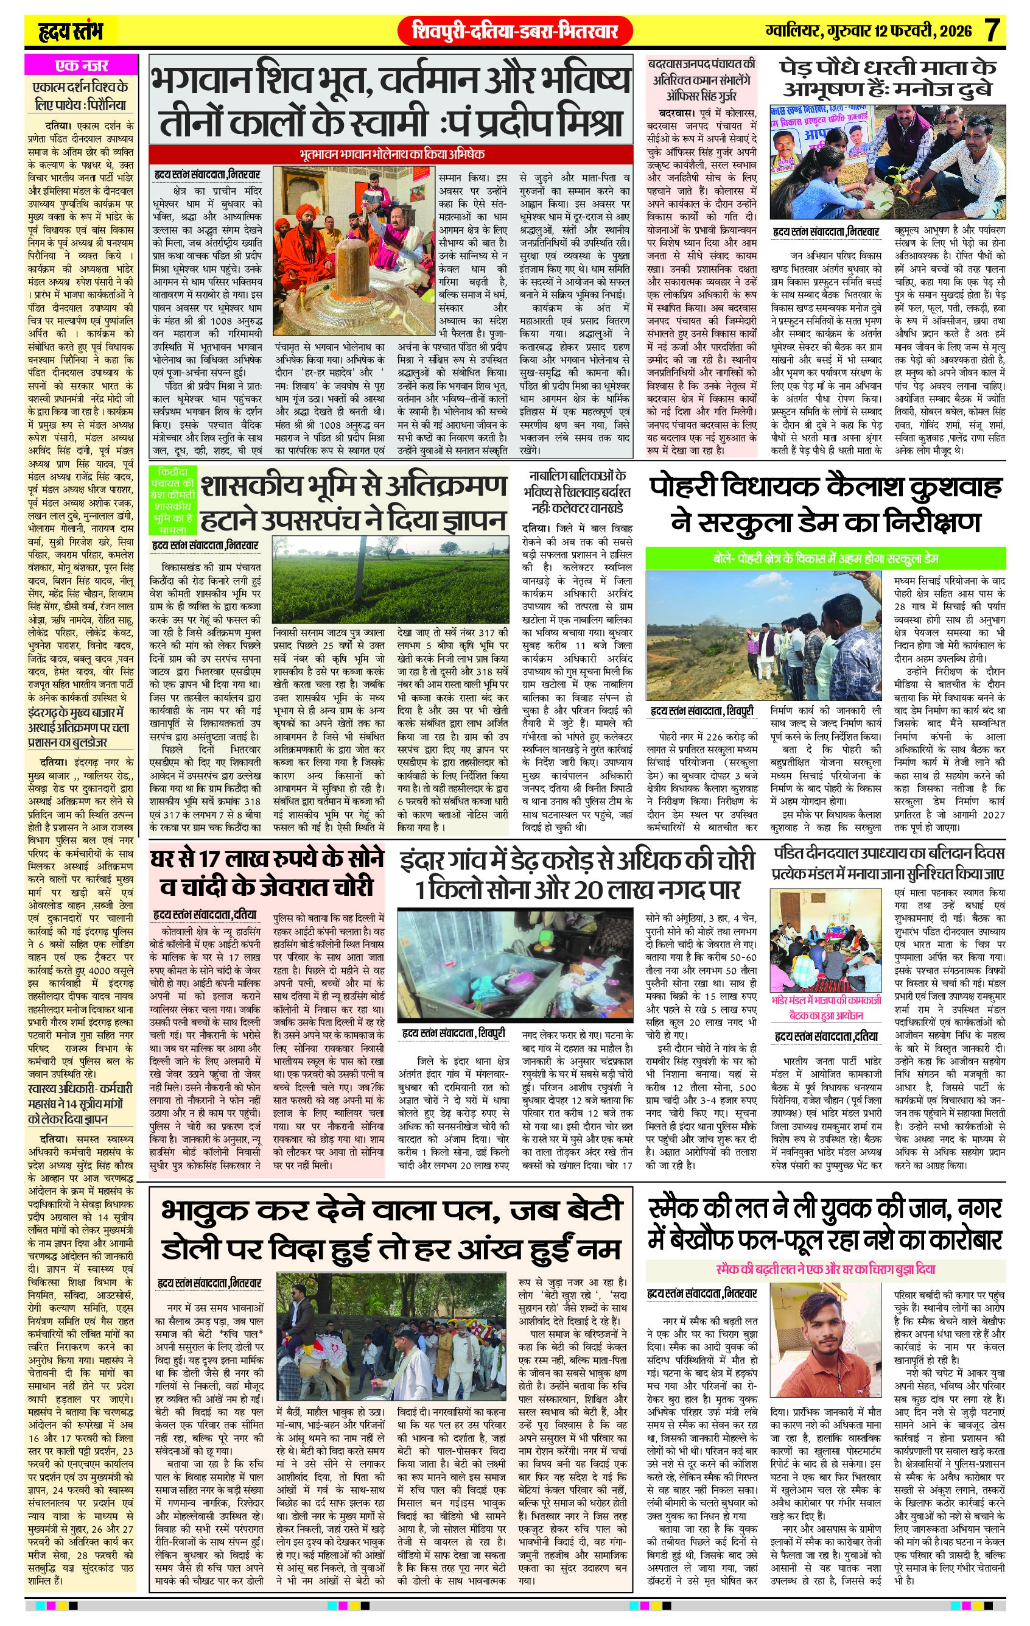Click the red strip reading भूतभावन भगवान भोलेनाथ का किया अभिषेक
click(391, 154)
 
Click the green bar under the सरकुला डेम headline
click(825, 558)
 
